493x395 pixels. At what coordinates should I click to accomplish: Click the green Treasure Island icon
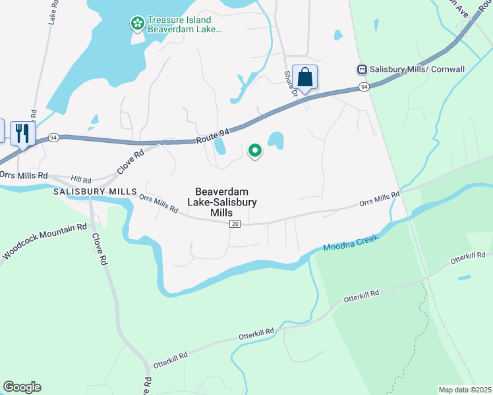pos(138,24)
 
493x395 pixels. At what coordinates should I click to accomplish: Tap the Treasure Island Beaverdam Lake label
pos(184,24)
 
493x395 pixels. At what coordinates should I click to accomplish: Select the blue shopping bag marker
pos(305,78)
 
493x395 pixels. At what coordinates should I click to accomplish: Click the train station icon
pos(362,68)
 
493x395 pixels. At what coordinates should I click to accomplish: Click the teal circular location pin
pos(255,151)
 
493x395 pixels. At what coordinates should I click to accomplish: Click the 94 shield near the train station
pos(364,86)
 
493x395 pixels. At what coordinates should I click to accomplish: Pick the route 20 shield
pos(235,224)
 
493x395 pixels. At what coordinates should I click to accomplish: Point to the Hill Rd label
pos(81,178)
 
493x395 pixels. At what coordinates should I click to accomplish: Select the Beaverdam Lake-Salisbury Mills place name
pos(221,198)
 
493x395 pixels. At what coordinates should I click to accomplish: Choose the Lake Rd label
pos(53,13)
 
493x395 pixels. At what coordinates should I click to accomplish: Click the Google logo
pos(22,387)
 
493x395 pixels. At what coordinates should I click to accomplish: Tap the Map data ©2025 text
pos(465,390)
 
